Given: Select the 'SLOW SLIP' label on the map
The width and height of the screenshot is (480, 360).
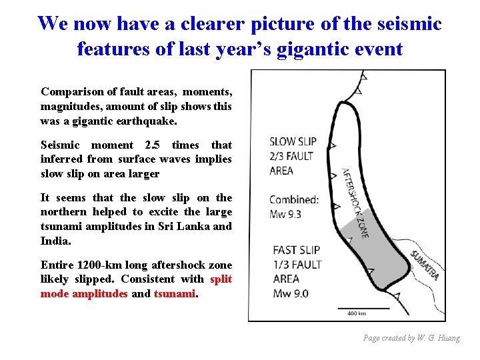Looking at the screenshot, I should [x=293, y=141].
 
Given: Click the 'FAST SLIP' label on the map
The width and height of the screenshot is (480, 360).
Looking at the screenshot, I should [x=296, y=250].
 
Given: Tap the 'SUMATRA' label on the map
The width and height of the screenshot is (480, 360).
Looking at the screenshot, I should [x=424, y=265].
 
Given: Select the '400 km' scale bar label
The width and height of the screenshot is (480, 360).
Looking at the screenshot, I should [x=357, y=313].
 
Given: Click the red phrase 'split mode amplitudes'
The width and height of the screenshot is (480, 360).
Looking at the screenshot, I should [x=136, y=287].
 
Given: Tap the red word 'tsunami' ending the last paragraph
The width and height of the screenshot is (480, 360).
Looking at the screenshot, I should [x=175, y=293].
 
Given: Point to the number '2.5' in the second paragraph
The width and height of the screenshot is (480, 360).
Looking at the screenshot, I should [x=153, y=145].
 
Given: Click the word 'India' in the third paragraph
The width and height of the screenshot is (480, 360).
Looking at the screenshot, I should [x=55, y=240].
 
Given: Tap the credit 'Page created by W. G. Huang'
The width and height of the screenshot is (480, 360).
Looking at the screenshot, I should [x=411, y=338].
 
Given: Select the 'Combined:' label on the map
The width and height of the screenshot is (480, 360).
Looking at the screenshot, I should [x=293, y=199].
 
